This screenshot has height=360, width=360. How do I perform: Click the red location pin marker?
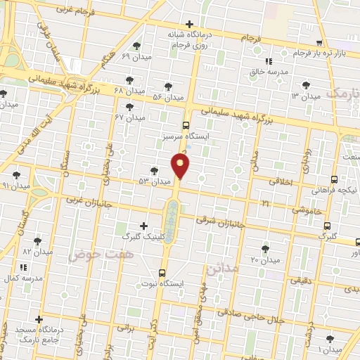click(x=181, y=166)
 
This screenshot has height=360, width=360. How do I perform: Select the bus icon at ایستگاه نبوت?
click(x=162, y=272)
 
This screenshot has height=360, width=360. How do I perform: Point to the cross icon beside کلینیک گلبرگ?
click(x=144, y=226)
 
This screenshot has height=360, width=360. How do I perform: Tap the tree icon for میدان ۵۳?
click(x=154, y=171)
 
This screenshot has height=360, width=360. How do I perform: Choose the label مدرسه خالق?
click(x=265, y=71)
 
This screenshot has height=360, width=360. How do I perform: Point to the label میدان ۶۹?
click(x=136, y=56)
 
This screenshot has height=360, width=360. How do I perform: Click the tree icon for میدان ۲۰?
click(x=265, y=249)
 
